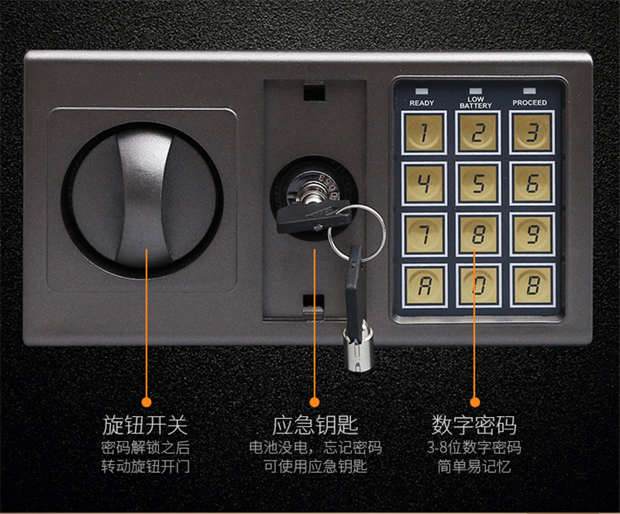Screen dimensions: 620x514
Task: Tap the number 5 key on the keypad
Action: point(477,183)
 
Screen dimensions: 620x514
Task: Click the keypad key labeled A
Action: point(424,285)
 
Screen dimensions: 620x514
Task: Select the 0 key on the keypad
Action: point(477,285)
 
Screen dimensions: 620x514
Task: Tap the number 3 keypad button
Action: point(532,132)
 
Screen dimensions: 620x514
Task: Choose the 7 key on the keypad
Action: point(424,234)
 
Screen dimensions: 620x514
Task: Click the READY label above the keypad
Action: point(422,103)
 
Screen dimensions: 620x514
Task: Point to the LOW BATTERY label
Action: point(476,102)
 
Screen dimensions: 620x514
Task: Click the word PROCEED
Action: point(530,102)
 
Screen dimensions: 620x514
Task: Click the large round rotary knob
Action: point(143,200)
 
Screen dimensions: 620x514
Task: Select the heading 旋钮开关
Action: point(145,425)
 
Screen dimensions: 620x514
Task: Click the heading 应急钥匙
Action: point(315,425)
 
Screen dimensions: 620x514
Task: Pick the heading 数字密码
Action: point(474,425)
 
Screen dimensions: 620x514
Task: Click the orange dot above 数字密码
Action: point(475,402)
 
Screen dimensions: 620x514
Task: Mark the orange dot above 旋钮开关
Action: point(146,402)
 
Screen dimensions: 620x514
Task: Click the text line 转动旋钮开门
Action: point(146,466)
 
